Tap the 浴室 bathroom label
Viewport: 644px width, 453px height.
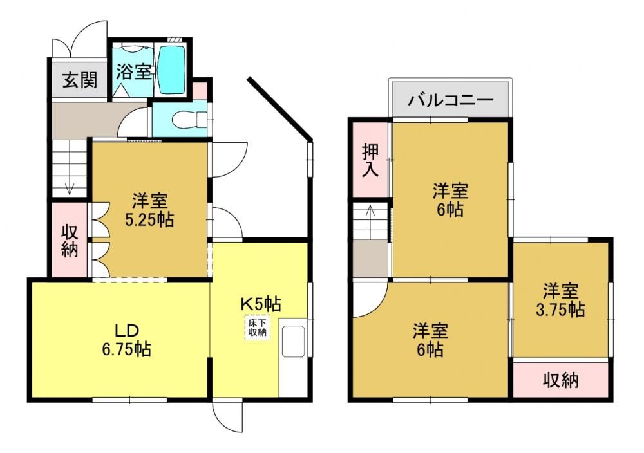133,71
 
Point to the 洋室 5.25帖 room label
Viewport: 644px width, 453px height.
149,210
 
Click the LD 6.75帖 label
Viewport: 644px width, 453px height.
126,340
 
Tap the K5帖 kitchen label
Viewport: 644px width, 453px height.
260,304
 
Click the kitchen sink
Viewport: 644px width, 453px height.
293,341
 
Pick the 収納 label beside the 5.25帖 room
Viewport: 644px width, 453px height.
70,241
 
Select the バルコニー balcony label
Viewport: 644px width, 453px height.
451,100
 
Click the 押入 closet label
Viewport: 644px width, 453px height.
370,160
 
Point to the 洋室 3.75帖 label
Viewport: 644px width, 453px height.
560,300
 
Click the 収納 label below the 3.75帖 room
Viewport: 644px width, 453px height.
561,380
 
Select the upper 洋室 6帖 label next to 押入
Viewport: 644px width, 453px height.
450,200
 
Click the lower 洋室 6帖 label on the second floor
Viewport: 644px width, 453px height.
430,340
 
